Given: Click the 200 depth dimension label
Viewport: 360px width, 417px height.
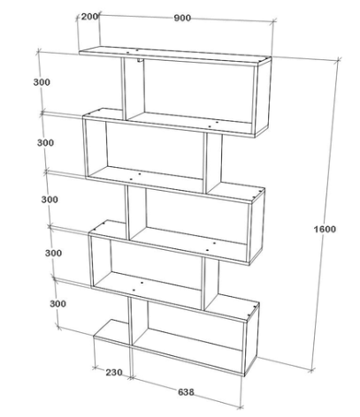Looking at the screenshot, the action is point(89,17).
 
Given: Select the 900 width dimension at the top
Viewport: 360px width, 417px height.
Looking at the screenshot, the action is point(182,18).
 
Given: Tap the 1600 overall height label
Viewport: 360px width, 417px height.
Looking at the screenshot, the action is point(325,229).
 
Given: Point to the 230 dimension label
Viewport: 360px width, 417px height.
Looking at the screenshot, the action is point(114,373).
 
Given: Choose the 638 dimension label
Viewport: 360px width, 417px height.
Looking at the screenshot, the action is point(186,392).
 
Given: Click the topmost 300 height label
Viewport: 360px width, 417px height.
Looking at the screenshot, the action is point(42,82).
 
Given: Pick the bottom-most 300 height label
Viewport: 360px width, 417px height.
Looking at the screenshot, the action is point(57,304).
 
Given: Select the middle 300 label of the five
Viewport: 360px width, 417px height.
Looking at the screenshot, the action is point(50,200).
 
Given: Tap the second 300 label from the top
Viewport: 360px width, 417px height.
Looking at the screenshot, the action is point(45,143).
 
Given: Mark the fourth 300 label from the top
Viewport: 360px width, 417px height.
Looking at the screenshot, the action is point(53,253).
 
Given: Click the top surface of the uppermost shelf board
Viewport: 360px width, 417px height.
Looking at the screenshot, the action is point(174,55).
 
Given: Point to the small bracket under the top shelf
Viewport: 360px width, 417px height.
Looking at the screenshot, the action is point(140,61).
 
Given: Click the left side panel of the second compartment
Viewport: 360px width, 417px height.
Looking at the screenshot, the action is point(96,148).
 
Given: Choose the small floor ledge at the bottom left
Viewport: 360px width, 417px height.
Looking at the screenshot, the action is point(111,332).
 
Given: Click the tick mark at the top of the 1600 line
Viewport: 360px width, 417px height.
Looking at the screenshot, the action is point(338,60).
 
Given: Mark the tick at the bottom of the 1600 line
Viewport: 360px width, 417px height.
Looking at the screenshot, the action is point(311,370).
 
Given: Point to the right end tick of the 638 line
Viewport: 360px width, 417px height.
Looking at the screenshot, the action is point(241,407).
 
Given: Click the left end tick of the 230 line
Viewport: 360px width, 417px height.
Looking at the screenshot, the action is point(95,368).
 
